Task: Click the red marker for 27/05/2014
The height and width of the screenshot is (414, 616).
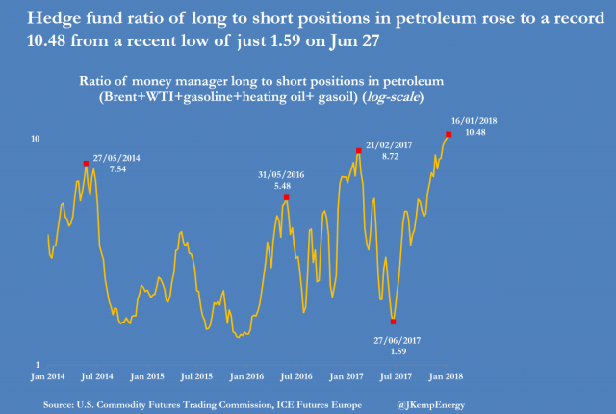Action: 86,164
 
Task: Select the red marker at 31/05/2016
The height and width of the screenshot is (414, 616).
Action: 287,197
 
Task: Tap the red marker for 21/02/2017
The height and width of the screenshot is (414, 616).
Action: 358,150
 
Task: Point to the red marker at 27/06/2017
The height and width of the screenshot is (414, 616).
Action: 394,321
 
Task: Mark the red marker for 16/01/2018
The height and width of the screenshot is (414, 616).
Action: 449,134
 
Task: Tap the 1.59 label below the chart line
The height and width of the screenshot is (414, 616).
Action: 396,351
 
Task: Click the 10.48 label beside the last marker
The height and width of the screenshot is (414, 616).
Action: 476,132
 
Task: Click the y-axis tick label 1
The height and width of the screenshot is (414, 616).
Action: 37,364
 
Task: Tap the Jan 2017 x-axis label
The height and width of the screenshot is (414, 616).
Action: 346,375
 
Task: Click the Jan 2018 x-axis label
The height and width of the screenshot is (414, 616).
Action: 448,375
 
